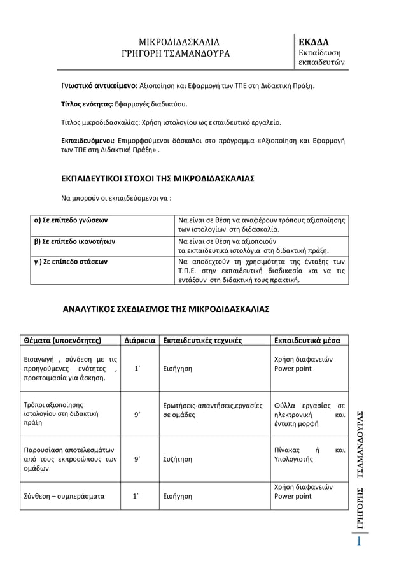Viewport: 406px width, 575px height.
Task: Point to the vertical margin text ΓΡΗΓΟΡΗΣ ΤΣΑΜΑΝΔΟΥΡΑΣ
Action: (360, 471)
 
